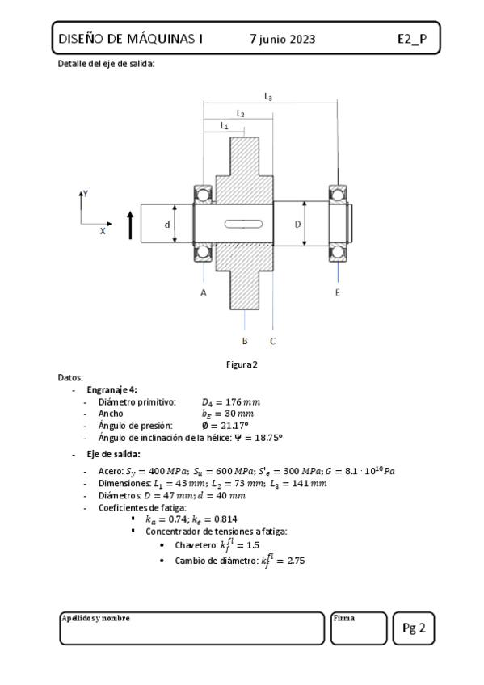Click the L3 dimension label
click(268, 97)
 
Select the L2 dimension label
click(240, 114)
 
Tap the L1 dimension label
click(224, 126)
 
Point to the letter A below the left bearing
click(204, 292)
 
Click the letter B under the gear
click(245, 341)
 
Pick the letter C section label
click(272, 341)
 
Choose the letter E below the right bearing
click(337, 292)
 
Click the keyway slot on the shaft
click(244, 224)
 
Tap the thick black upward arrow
click(130, 225)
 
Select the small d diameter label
click(167, 225)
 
